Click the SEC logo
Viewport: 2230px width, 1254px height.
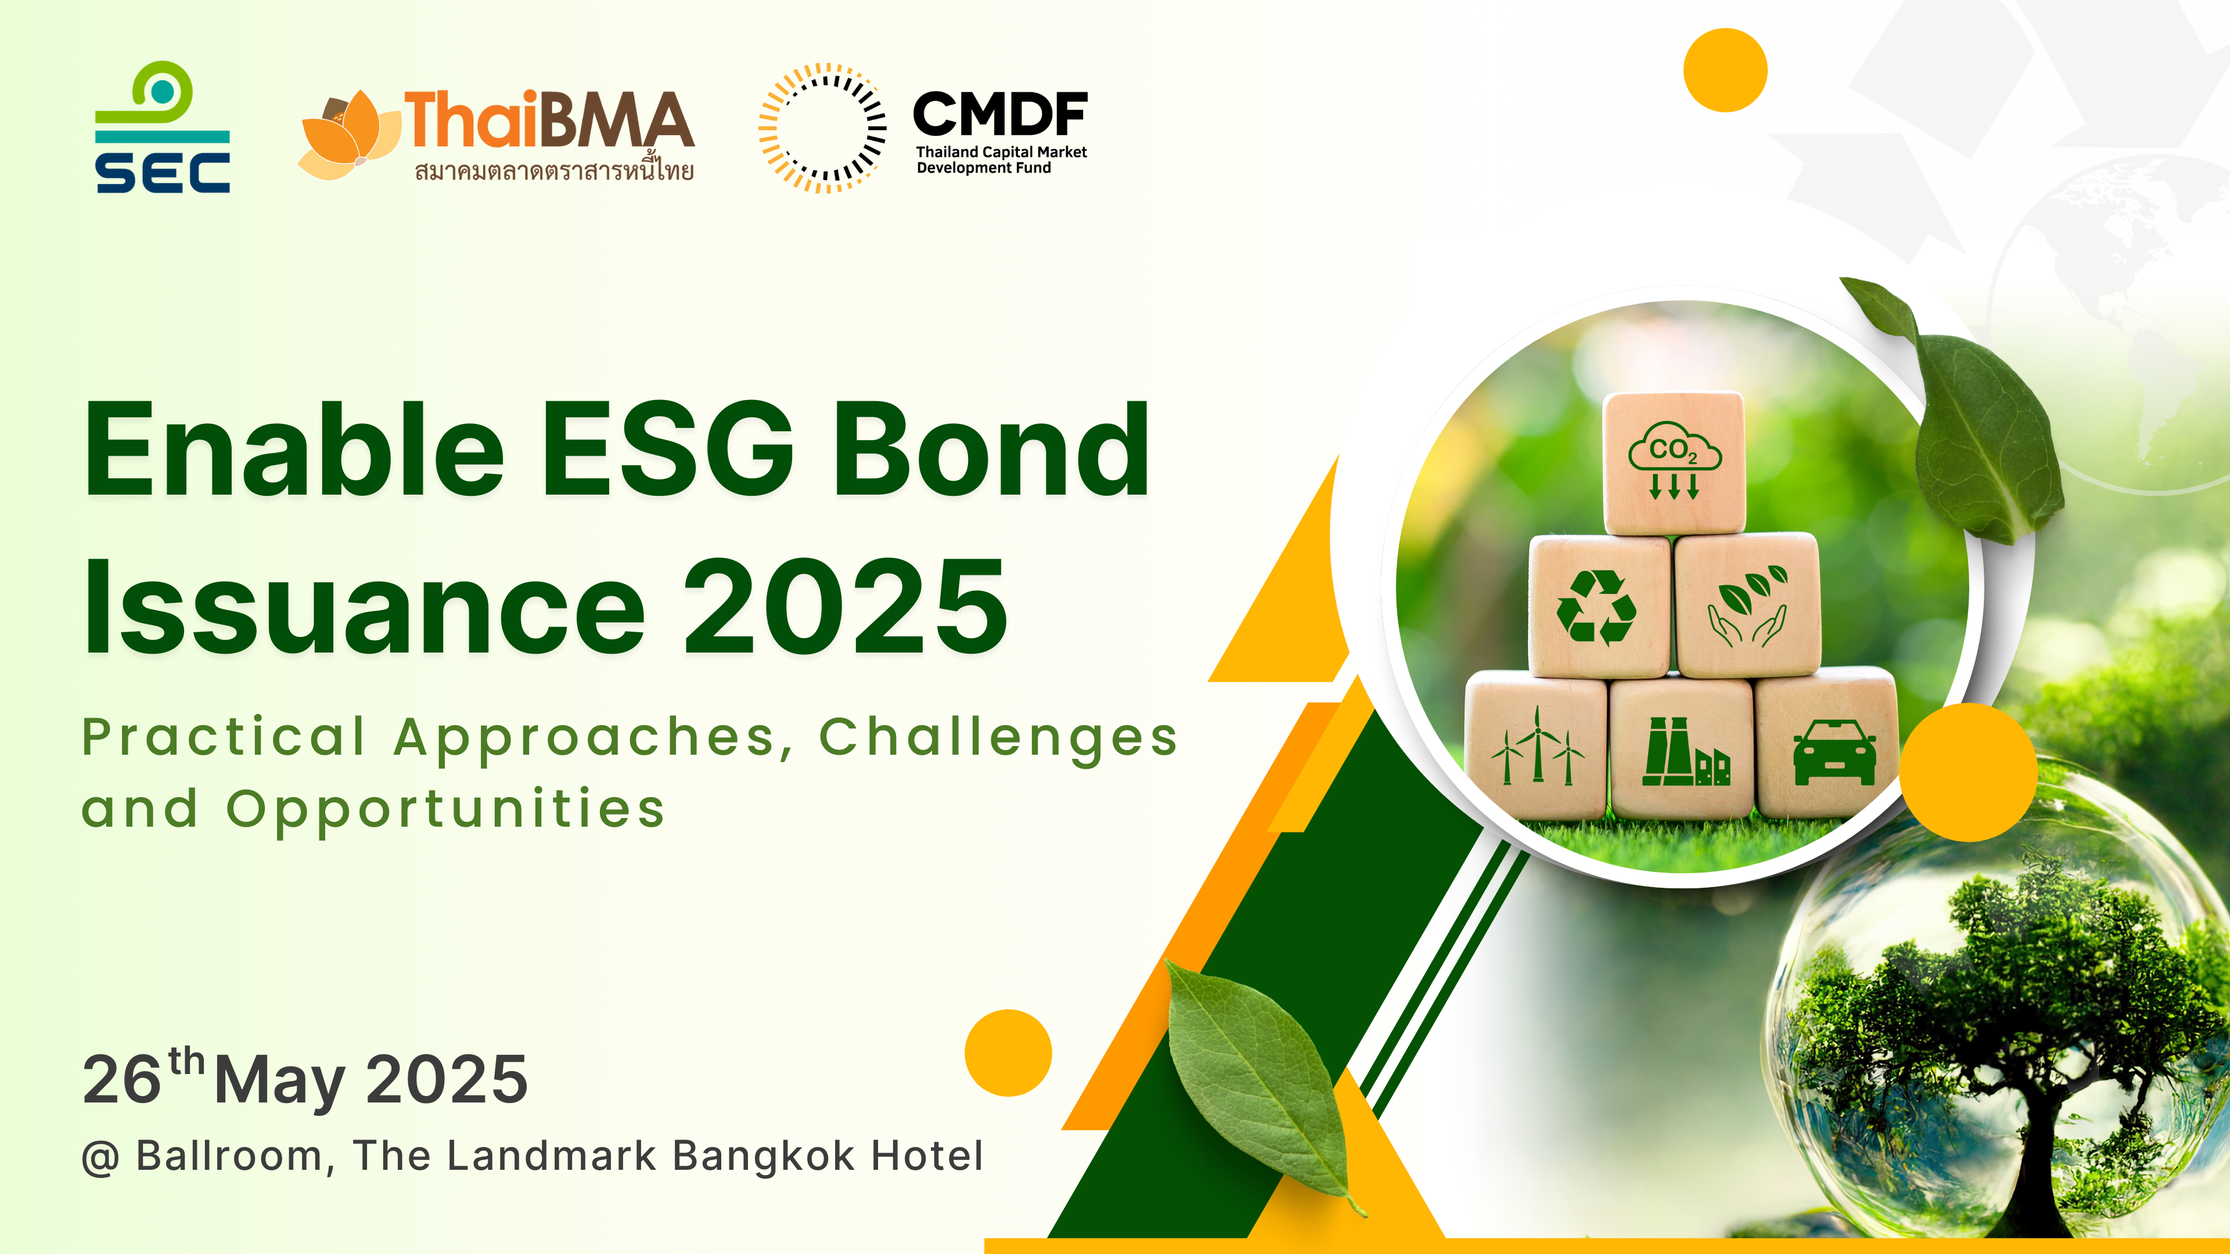(163, 127)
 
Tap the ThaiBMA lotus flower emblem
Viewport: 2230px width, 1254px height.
(349, 134)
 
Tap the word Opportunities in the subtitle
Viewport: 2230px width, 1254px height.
(446, 811)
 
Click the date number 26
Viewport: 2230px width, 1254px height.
(122, 1079)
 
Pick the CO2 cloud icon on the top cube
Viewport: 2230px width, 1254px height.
(1674, 460)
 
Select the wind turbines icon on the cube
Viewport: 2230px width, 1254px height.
(1537, 746)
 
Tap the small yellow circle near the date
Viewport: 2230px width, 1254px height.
(1008, 1053)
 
